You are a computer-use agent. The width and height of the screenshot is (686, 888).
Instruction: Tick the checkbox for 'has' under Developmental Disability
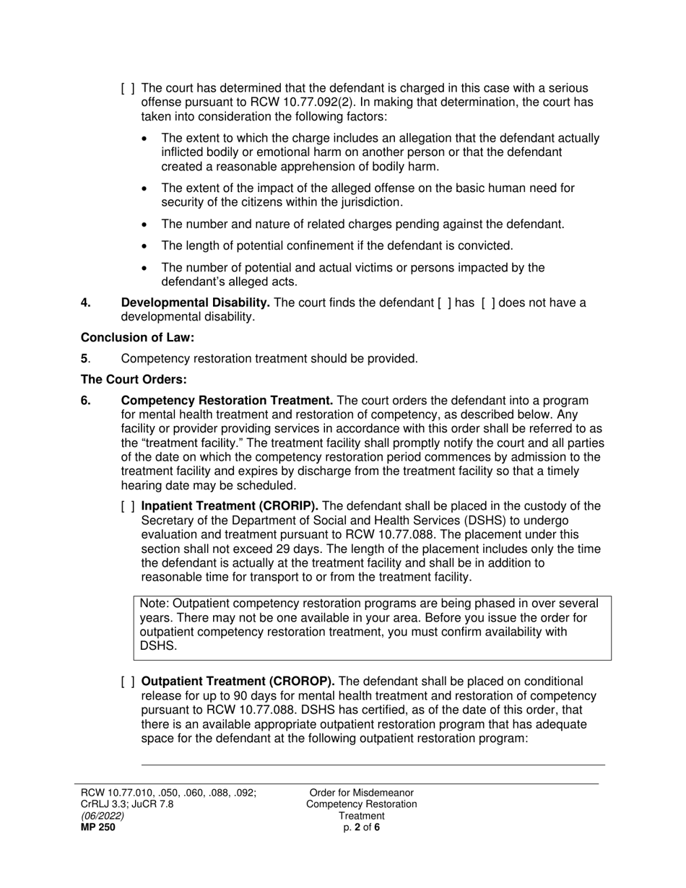445,302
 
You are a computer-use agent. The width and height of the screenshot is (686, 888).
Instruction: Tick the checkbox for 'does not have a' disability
488,302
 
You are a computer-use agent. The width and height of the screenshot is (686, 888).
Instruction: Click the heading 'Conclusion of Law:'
137,337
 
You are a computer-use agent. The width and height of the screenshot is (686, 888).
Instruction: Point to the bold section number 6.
86,401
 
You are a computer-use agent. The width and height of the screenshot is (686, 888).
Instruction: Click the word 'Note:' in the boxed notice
155,604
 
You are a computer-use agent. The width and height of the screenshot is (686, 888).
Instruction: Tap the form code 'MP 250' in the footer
97,827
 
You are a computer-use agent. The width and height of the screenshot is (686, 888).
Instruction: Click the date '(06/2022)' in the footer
102,816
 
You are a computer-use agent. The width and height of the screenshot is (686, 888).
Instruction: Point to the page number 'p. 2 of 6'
362,827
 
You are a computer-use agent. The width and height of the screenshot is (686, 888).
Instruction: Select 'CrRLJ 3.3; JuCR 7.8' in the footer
127,804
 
